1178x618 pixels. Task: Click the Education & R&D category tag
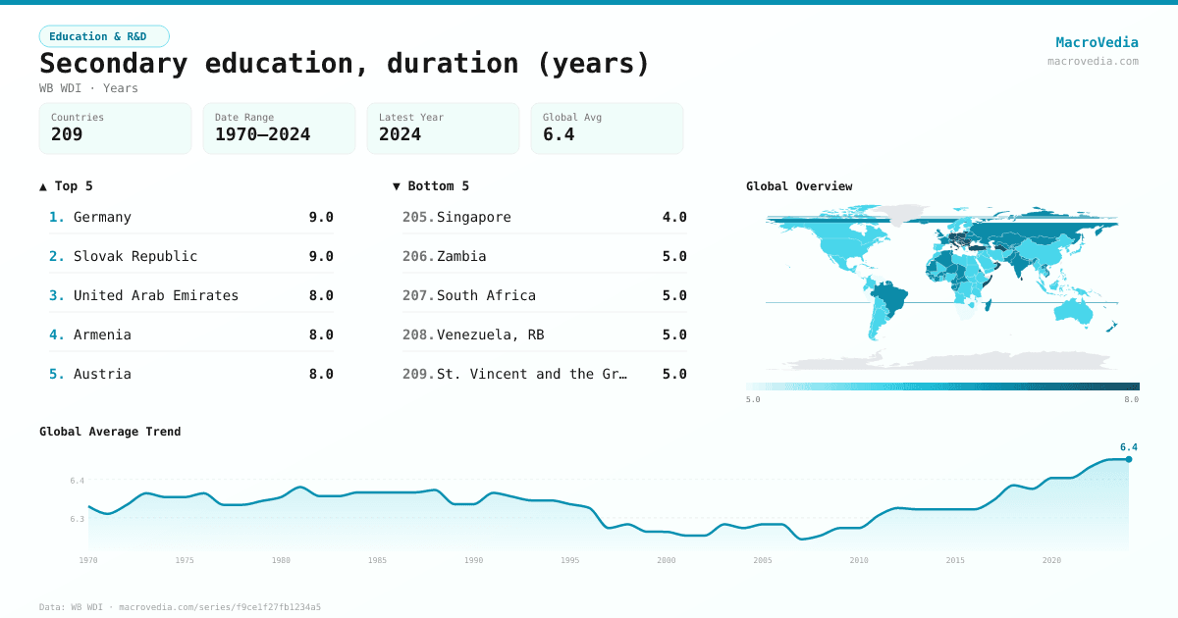coord(104,36)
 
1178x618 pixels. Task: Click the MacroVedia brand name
coord(1097,42)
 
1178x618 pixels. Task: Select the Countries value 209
coord(67,134)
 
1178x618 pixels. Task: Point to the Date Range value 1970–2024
coord(262,134)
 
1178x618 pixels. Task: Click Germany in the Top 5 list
coord(102,217)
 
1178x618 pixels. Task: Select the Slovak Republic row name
coord(135,256)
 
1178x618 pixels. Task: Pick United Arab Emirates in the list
coord(156,295)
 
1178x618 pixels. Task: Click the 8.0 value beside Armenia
coord(321,335)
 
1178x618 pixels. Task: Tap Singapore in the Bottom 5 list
coord(474,217)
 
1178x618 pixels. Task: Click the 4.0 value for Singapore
coord(674,217)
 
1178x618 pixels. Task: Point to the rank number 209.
coord(417,374)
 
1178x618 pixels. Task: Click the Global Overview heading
coord(799,186)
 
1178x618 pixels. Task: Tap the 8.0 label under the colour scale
coord(1131,399)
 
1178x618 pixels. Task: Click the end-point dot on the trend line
coord(1129,459)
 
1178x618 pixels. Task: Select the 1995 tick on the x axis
coord(570,560)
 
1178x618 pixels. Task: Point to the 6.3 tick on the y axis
coord(78,519)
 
